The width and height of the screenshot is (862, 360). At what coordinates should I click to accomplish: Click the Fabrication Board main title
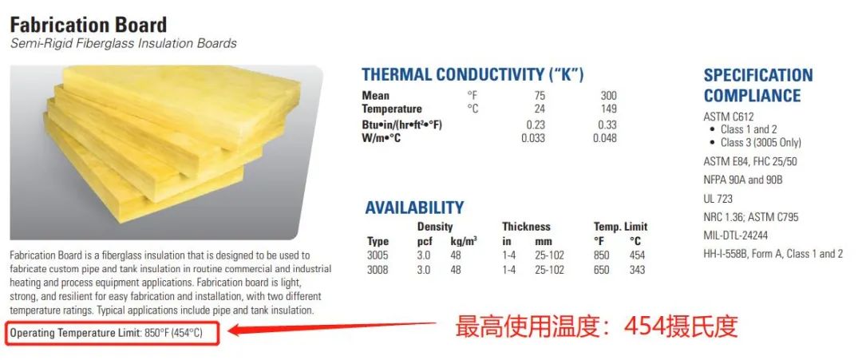coord(89,26)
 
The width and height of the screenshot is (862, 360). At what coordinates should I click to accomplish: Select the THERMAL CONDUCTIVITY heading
coord(473,75)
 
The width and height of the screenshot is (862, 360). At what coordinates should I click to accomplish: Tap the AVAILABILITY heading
coord(414,208)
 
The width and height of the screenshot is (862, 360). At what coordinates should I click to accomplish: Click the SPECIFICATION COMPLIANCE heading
coord(758,85)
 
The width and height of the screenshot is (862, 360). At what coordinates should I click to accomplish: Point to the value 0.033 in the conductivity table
coord(532,138)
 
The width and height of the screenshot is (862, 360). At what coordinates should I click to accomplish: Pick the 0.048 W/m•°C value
coord(605,138)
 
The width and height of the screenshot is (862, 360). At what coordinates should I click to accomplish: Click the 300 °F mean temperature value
coord(608,96)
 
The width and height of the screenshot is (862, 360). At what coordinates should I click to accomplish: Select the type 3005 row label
coord(378,255)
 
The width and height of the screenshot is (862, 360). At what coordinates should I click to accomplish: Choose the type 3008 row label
coord(378,270)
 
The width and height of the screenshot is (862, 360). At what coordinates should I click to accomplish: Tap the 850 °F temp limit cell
coord(602,255)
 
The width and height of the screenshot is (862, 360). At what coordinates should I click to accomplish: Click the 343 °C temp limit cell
coord(637,270)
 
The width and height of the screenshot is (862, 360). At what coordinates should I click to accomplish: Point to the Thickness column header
coord(526,227)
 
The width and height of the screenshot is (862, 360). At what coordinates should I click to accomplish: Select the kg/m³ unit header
coord(463,241)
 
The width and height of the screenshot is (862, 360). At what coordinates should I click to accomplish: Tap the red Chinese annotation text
coord(595,327)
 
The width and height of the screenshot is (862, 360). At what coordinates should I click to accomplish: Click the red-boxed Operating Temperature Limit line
coord(114,333)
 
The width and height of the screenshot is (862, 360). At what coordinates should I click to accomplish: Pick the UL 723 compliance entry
coord(718,199)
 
